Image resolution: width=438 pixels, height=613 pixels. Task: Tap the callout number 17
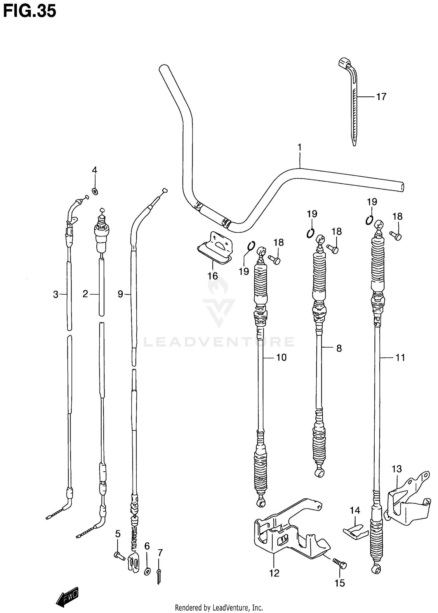coord(381,97)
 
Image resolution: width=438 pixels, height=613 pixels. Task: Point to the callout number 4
coord(94,170)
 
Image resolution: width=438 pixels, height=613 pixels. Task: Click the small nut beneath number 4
coord(95,192)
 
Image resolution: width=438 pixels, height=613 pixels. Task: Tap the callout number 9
coord(120,294)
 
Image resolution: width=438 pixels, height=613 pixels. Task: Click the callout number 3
coord(55,294)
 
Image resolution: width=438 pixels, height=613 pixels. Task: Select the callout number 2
coord(85,294)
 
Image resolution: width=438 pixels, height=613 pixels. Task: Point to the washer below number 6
coord(147,571)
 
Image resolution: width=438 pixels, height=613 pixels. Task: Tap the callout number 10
coord(281,357)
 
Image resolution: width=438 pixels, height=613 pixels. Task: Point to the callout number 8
coord(339,348)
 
